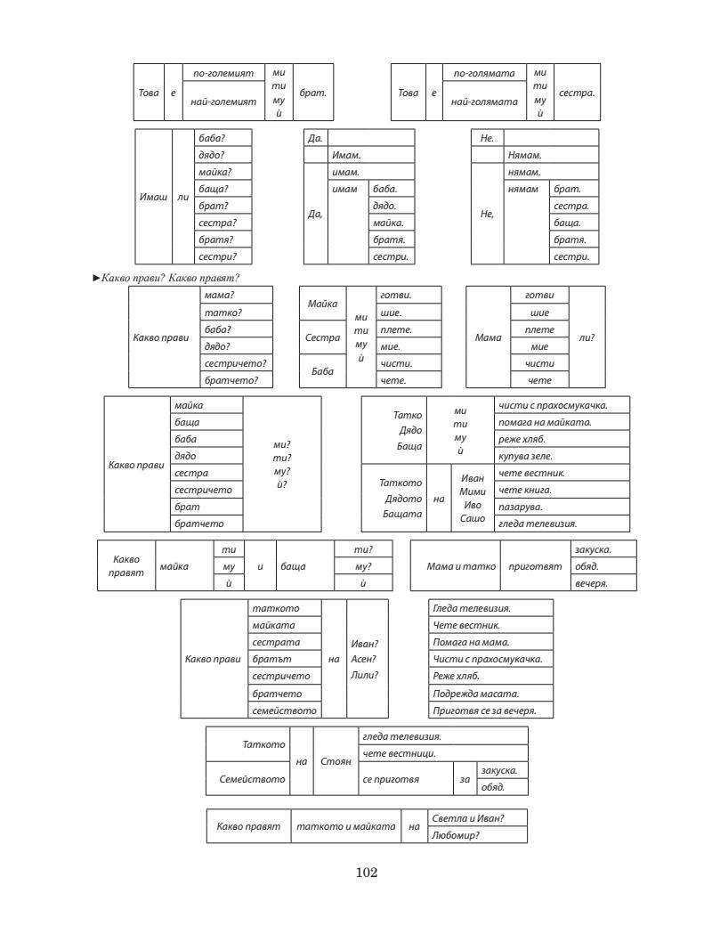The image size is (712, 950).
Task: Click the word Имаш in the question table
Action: (154, 197)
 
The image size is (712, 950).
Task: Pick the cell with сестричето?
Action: (235, 363)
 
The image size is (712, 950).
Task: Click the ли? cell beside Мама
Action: (587, 337)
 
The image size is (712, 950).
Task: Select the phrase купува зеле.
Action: (526, 457)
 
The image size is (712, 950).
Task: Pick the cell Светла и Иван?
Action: (467, 817)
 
